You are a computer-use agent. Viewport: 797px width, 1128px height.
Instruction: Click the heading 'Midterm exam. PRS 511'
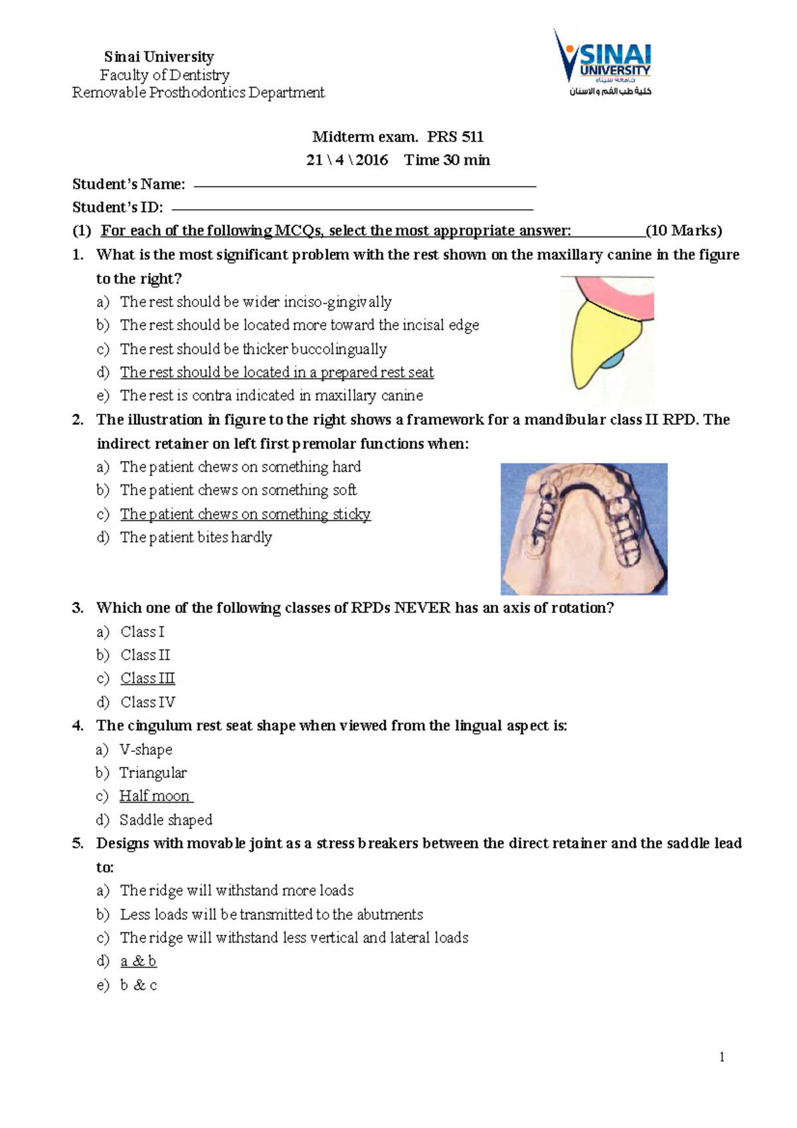[398, 137]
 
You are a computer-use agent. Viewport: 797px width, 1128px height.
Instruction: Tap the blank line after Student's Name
[364, 186]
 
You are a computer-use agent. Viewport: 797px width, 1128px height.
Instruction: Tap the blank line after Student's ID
[352, 209]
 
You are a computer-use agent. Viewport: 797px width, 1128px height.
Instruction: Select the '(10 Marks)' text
[683, 231]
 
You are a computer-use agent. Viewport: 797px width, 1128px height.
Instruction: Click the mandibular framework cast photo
[584, 529]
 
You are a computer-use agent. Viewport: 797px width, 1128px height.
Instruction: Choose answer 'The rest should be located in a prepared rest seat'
[276, 372]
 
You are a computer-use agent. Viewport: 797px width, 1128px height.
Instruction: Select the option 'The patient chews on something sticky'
[245, 514]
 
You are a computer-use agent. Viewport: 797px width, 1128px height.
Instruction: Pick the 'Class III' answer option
[147, 678]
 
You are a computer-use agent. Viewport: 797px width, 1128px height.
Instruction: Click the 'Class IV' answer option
[147, 702]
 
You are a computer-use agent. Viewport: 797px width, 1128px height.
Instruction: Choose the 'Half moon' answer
[155, 796]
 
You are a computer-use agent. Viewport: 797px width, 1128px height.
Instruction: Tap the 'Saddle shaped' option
[165, 820]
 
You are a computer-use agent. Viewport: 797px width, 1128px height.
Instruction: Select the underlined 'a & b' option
[138, 961]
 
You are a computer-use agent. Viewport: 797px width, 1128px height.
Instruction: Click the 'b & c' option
[138, 985]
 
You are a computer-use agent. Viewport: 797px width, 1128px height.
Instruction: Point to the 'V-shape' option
[145, 749]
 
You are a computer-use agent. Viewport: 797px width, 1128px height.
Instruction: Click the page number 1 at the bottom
[722, 1057]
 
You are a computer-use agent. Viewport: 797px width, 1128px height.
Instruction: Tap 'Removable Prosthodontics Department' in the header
[198, 92]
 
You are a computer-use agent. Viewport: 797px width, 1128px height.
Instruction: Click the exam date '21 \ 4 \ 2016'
[347, 160]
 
